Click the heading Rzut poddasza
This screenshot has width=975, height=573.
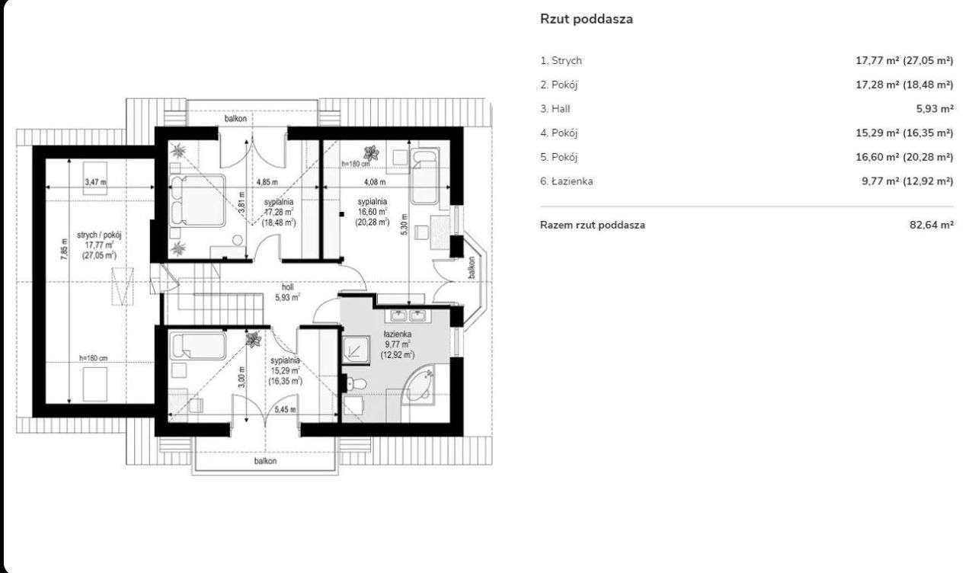coord(587,19)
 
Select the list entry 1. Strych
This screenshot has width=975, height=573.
coord(561,60)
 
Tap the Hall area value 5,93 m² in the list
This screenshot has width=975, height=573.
coord(935,109)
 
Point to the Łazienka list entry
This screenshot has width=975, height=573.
coord(567,181)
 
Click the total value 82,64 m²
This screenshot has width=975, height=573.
coord(932,225)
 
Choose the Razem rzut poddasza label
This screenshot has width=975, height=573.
coord(593,225)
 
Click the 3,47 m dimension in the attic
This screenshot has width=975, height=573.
coord(95,182)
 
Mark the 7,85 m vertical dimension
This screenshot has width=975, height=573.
coord(65,249)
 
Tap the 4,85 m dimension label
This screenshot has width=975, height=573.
coord(267,182)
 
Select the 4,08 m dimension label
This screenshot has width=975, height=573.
coord(375,182)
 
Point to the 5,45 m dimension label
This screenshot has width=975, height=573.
coord(285,410)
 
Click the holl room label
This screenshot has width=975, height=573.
coord(287,287)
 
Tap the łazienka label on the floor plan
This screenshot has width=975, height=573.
coord(398,334)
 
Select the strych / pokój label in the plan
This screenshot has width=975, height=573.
coord(99,235)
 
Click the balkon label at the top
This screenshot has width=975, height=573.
coord(235,118)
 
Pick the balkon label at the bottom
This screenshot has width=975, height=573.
coord(266,461)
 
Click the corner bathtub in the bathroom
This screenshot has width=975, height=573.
coord(419,386)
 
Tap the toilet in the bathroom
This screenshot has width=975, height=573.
coord(355,385)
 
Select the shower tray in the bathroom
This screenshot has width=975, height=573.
coord(356,350)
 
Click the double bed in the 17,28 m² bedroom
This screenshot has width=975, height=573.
coord(197,200)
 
